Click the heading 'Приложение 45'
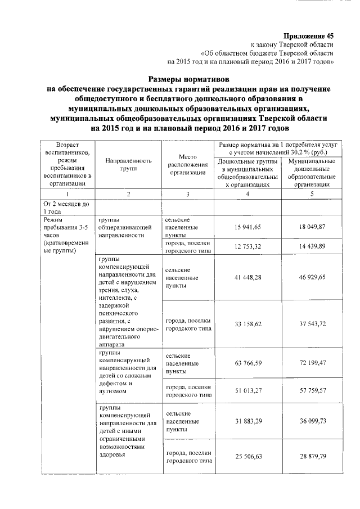pos(308,35)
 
